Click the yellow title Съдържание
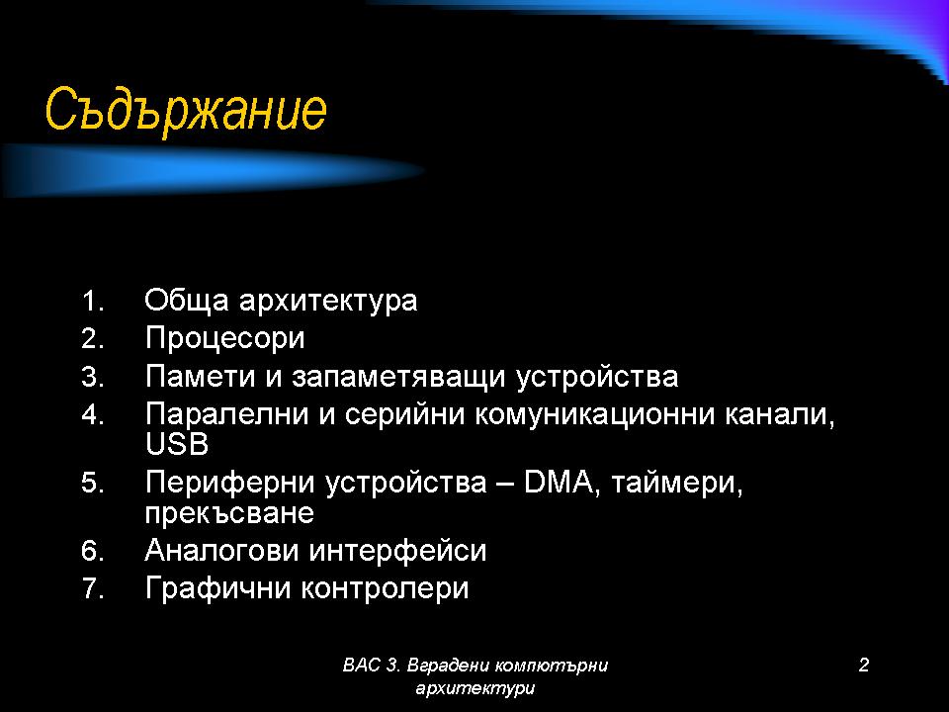click(x=186, y=110)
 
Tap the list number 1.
click(x=93, y=302)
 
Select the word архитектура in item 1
click(x=328, y=302)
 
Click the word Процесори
click(x=224, y=339)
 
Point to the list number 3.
click(x=93, y=377)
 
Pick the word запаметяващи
click(x=398, y=378)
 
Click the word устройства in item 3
click(x=597, y=378)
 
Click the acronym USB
click(x=177, y=444)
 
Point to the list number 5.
click(x=93, y=484)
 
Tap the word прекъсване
click(x=229, y=514)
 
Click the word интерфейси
click(x=397, y=551)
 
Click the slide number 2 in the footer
click(x=864, y=665)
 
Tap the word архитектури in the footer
click(x=475, y=688)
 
